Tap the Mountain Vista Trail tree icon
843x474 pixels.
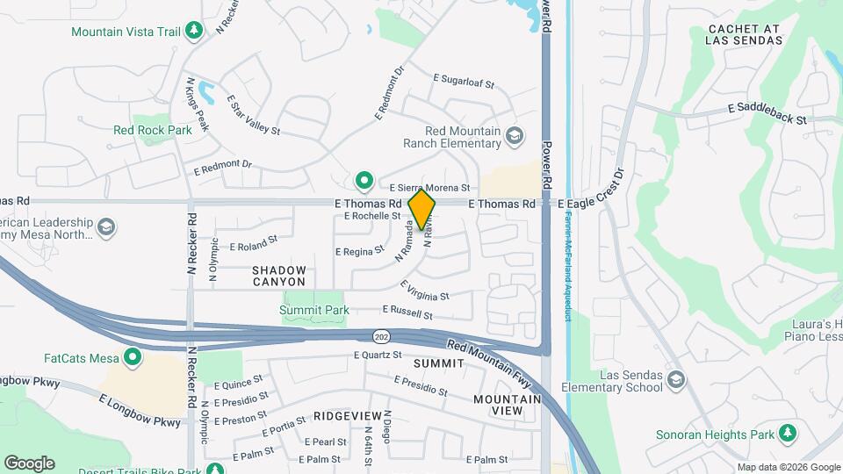[x=194, y=32]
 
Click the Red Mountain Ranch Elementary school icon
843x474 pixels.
[x=514, y=135]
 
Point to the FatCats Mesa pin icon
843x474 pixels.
[x=133, y=357]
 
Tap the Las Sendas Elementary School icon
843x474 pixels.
[x=676, y=380]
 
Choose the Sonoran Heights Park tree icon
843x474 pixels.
[x=788, y=434]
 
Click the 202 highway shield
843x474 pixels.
[x=381, y=336]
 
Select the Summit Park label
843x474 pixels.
[x=314, y=310]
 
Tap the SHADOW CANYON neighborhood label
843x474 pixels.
[x=279, y=276]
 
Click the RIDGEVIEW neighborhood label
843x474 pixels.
[x=348, y=414]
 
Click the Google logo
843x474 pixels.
[x=29, y=463]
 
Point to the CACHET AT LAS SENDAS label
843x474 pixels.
[x=744, y=34]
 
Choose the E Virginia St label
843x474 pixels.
[x=424, y=291]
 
